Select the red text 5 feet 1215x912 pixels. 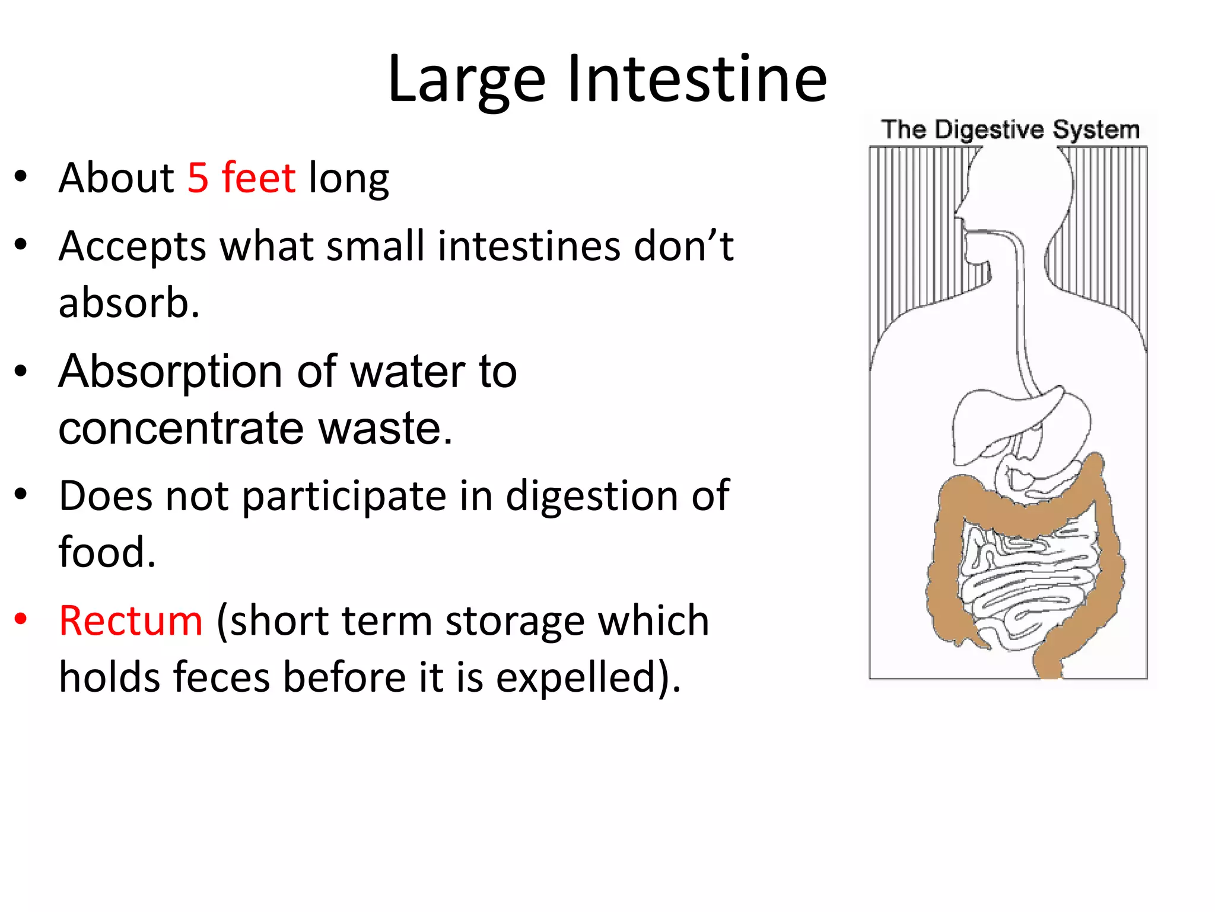241,178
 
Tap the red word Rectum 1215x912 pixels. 131,621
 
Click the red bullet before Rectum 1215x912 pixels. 21,619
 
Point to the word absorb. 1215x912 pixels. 129,302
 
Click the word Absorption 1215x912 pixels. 170,372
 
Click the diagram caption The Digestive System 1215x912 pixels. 1010,129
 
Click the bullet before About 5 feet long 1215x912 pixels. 21,176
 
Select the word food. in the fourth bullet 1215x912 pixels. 107,552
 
